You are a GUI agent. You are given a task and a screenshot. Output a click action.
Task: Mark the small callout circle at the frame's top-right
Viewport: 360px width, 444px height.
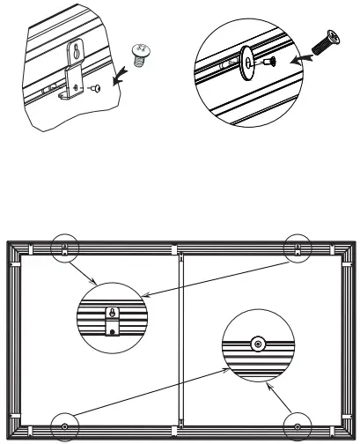(x=299, y=248)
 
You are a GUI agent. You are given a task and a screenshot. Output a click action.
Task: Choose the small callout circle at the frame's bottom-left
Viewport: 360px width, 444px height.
(x=65, y=425)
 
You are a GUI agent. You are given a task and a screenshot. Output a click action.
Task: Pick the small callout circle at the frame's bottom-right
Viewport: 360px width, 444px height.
(x=299, y=425)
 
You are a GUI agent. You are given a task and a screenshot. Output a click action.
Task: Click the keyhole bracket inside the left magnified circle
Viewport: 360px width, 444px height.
(x=112, y=319)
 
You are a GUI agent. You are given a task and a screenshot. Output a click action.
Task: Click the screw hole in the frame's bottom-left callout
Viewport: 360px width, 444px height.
(x=65, y=426)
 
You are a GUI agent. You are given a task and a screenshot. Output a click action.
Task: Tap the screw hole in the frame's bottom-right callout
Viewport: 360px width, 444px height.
(x=299, y=426)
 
